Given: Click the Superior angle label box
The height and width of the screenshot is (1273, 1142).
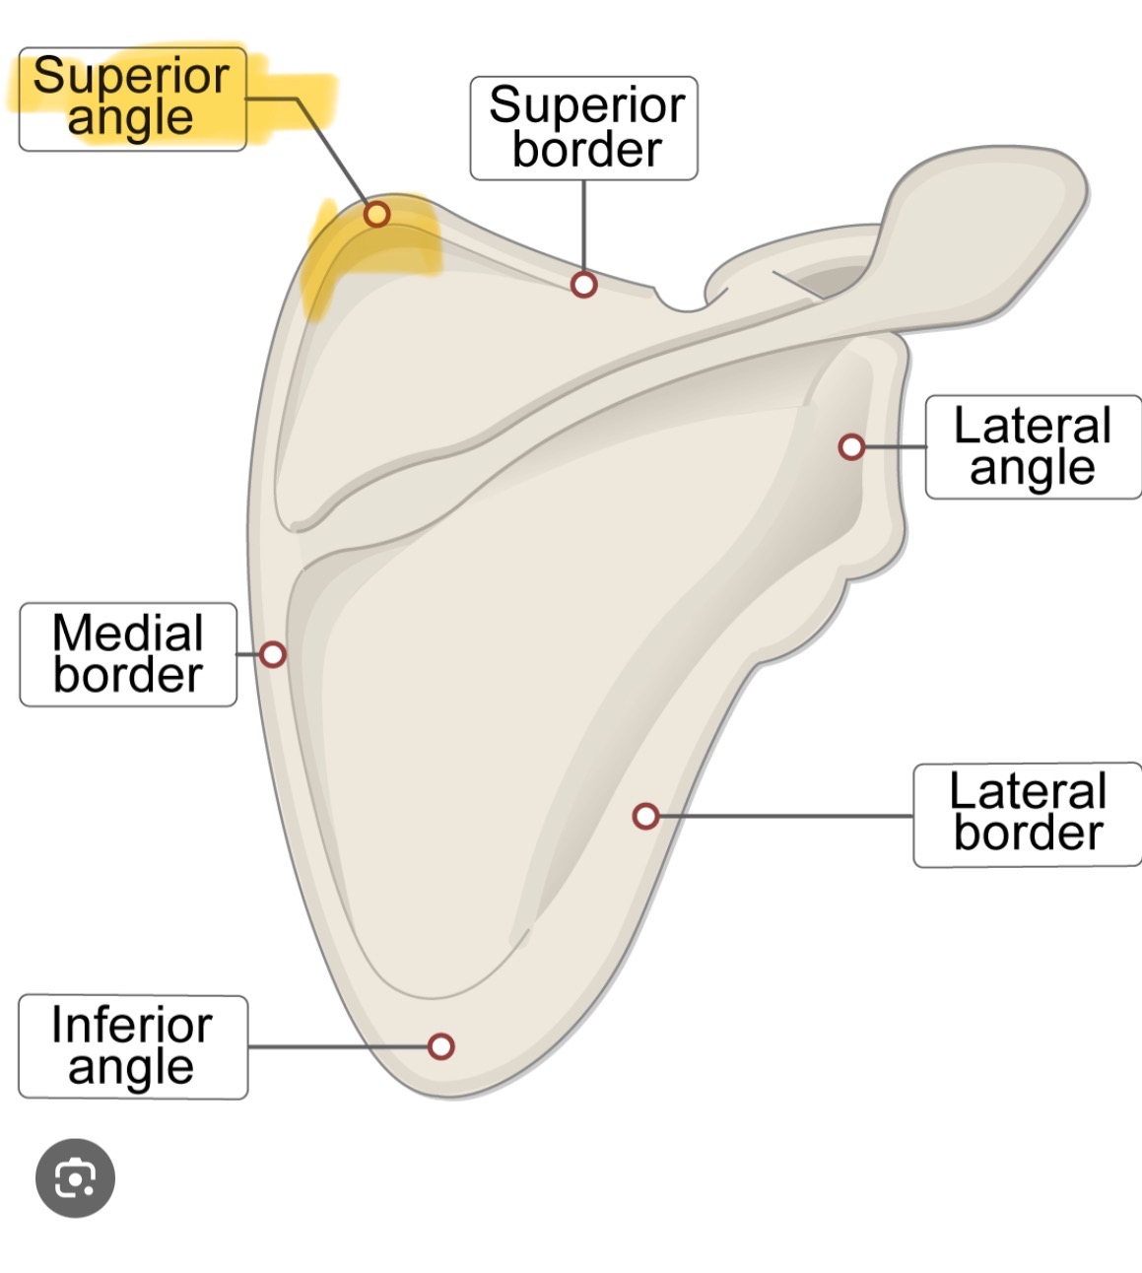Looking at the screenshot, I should (132, 99).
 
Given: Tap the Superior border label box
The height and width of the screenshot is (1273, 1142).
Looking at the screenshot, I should (583, 128).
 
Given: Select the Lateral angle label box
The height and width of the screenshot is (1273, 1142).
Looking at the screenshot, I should (1033, 447).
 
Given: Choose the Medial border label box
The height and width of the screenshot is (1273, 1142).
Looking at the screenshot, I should (128, 654).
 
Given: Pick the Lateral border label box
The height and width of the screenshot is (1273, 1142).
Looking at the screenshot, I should (1027, 815).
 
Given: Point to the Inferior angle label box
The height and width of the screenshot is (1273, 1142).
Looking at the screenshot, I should (132, 1046).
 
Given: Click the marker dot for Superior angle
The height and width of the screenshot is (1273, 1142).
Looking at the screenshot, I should (376, 214).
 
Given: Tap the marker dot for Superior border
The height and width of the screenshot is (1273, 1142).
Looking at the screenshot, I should (584, 285).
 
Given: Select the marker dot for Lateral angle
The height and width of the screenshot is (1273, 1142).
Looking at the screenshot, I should (851, 447).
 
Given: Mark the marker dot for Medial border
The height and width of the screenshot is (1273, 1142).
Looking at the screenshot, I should (272, 654).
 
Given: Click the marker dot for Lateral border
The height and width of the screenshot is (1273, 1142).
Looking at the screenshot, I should (645, 816).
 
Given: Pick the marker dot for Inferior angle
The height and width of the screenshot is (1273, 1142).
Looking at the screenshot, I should (440, 1045).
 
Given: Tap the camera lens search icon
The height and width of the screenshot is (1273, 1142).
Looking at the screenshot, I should (75, 1177).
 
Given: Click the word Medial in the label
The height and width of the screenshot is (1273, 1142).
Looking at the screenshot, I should (128, 633).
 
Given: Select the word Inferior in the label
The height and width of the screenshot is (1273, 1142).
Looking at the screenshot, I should (132, 1025).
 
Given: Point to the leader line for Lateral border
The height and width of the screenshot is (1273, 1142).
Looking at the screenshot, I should (788, 816).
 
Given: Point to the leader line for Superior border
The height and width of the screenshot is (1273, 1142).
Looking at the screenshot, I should (584, 227).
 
